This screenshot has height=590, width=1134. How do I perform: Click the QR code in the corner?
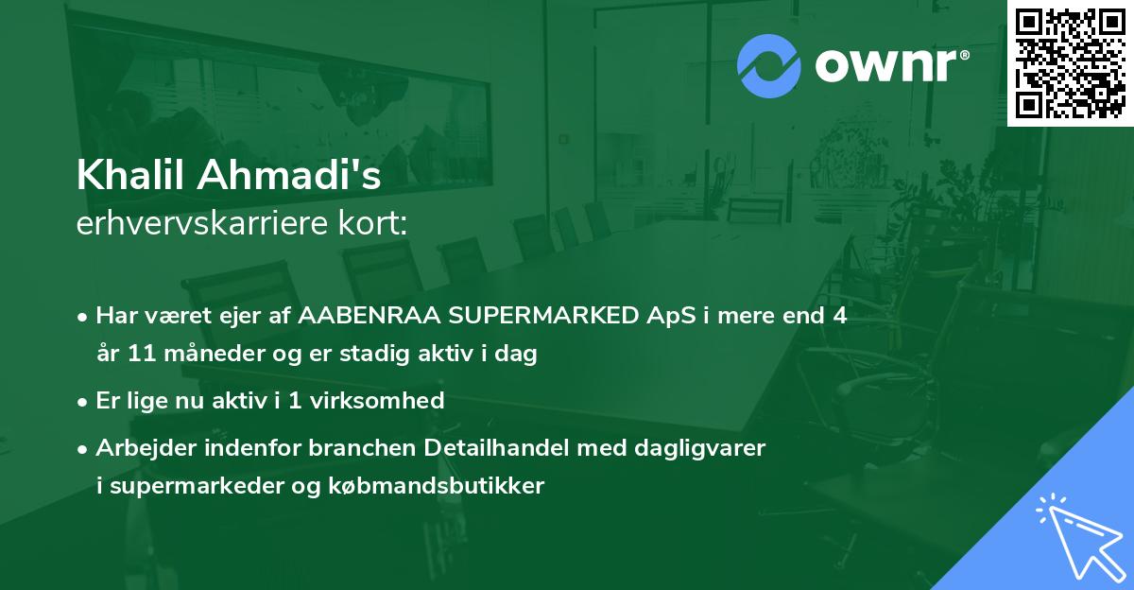click(x=1071, y=62)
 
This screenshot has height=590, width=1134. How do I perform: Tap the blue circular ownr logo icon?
click(x=768, y=66)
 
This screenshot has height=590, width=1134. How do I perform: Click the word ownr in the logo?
click(x=888, y=66)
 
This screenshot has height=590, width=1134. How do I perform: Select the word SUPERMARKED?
click(x=507, y=317)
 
